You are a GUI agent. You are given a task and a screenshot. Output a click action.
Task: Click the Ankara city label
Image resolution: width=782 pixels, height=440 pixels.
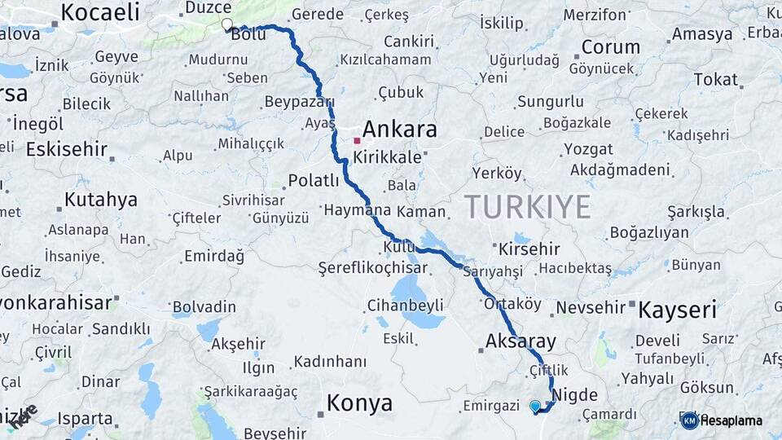[399, 130]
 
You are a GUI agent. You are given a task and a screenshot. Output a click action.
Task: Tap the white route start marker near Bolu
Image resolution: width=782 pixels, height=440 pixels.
[226, 25]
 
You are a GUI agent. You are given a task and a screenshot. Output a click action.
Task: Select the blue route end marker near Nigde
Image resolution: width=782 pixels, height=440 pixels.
[535, 406]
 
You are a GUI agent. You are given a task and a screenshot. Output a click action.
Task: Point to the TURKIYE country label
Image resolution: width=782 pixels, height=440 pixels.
[527, 207]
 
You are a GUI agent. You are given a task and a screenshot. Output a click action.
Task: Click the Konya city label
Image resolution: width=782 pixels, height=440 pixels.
[359, 403]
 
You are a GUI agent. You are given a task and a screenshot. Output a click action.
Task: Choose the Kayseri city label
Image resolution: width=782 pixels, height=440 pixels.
[677, 310]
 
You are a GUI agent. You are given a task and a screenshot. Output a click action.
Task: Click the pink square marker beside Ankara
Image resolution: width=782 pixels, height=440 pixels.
[357, 140]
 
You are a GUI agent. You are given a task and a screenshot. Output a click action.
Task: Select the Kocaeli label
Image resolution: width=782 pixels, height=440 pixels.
[100, 12]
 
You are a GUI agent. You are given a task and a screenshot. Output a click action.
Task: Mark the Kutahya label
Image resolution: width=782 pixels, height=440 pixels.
[101, 200]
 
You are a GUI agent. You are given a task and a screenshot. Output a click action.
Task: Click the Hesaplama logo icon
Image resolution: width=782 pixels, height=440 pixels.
[689, 420]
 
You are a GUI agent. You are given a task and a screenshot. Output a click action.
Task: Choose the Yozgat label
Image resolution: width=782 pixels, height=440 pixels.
[588, 149]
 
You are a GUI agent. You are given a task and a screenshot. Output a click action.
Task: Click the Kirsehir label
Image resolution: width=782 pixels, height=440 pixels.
[529, 249]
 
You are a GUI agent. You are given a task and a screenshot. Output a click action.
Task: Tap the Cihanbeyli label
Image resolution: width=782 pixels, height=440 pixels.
[406, 306]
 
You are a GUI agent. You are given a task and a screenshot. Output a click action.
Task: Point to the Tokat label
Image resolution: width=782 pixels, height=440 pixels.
[715, 79]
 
